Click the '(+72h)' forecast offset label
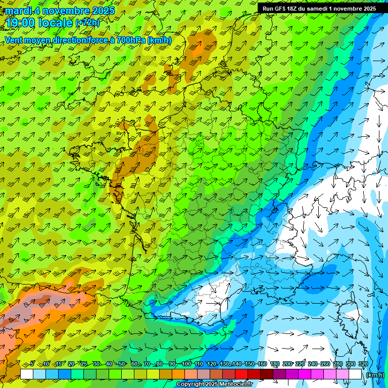[x=87, y=23]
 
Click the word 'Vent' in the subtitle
[x=14, y=40]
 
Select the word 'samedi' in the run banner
[x=316, y=9]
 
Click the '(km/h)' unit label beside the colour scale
[x=374, y=375]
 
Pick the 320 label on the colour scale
[x=362, y=364]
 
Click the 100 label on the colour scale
[x=186, y=364]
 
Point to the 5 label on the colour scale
[x=33, y=364]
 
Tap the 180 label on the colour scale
[x=274, y=364]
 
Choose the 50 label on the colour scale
[x=121, y=364]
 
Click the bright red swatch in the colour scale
[x=241, y=374]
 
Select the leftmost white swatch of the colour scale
[x=27, y=374]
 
